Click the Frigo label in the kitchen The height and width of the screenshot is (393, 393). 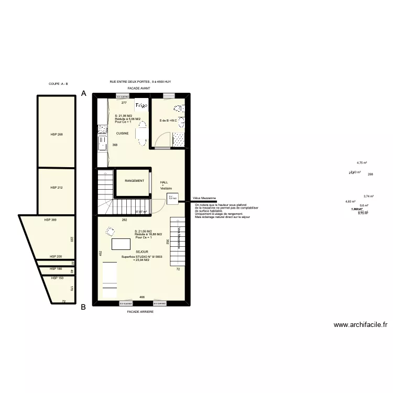coord(141,105)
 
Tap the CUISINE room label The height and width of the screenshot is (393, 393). coord(123,133)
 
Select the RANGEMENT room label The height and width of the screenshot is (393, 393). coord(135,181)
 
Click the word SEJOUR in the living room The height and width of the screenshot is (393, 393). coord(141,252)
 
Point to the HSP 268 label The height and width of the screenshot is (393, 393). coord(57,135)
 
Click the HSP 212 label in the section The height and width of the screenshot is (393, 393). coord(57,187)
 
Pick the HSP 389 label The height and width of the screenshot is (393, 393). coord(50,220)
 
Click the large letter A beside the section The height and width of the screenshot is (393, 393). coord(83,93)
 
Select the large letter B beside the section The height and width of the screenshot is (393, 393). coord(83,308)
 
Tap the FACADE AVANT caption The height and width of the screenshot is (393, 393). coord(138,89)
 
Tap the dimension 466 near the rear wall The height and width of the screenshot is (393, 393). coord(141,298)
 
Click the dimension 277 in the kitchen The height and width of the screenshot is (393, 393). coord(124,103)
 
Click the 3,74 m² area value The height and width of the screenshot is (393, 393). coord(368,196)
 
